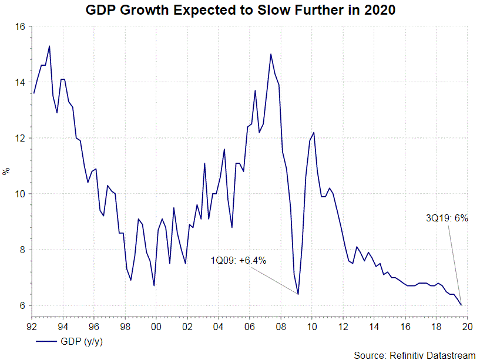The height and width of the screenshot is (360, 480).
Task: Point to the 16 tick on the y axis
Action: click(x=19, y=27)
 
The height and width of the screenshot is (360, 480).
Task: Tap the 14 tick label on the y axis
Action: click(x=19, y=82)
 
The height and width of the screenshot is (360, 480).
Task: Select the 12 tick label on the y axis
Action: click(x=19, y=138)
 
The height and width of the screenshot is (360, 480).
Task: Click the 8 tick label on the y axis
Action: click(x=22, y=250)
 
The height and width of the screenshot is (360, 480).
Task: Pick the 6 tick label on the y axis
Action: click(x=22, y=305)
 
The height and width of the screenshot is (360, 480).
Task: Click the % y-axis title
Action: click(x=6, y=171)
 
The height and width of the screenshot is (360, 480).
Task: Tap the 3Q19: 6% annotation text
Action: click(x=447, y=218)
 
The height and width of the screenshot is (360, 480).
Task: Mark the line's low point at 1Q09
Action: click(x=298, y=294)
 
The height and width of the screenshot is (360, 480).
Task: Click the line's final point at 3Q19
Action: click(x=461, y=305)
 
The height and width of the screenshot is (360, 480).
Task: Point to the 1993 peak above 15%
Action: click(x=49, y=46)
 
